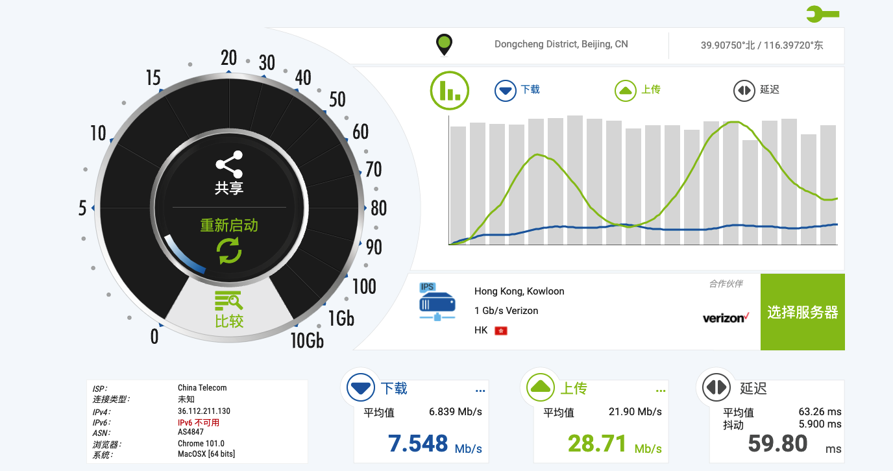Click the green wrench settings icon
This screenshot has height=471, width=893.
[822, 14]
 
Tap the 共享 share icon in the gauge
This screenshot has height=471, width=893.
[229, 165]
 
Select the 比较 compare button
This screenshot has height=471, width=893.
[229, 309]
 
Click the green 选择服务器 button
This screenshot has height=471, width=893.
[803, 312]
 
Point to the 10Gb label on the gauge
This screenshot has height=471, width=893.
[307, 339]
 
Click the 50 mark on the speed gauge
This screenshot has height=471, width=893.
[337, 100]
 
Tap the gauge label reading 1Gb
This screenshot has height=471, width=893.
[341, 318]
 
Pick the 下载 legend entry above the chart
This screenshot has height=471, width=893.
[517, 90]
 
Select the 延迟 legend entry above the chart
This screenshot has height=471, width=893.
[756, 90]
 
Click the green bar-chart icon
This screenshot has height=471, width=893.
[450, 90]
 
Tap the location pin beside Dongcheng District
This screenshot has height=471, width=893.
[444, 45]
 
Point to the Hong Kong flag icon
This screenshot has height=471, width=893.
[500, 331]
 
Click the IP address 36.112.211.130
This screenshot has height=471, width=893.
[204, 411]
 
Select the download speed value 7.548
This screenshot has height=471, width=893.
[418, 444]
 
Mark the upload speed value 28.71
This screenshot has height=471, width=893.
[597, 444]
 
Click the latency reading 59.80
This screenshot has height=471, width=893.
[777, 444]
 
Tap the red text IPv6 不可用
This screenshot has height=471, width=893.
[199, 422]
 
